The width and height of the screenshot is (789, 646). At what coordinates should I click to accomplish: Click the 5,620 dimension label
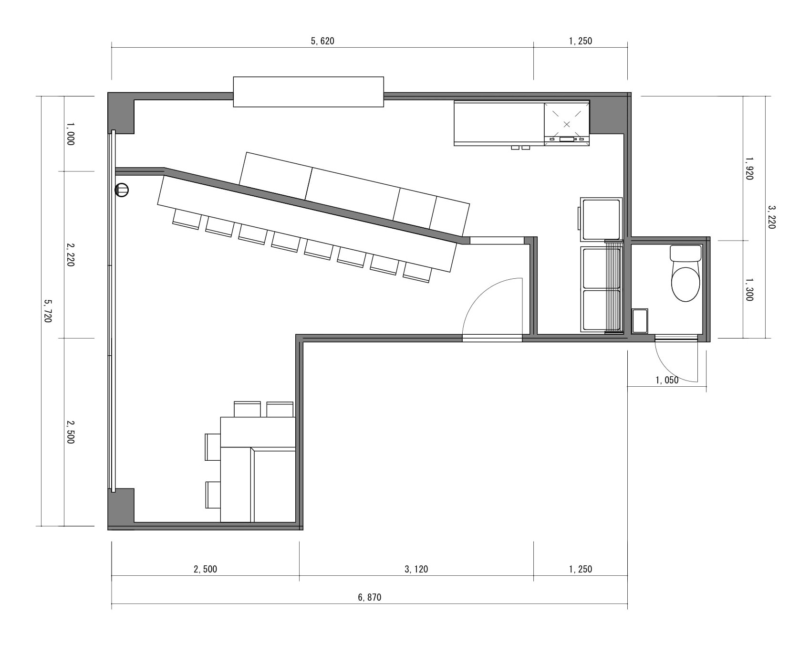322,41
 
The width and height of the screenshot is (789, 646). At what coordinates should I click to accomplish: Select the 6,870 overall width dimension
370,597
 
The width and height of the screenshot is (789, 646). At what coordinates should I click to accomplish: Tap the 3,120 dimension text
416,569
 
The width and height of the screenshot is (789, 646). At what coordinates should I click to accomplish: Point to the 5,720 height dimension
48,311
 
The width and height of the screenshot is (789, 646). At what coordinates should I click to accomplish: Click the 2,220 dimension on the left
71,254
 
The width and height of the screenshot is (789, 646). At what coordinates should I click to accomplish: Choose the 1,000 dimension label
71,134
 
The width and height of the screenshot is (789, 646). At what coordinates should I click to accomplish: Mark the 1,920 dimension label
749,168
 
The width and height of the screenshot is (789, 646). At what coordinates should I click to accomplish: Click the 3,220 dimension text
772,217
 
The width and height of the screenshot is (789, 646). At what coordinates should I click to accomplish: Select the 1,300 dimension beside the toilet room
749,289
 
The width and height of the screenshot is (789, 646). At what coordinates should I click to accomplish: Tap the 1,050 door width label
667,380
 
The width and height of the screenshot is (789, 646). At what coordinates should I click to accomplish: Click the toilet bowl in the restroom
685,284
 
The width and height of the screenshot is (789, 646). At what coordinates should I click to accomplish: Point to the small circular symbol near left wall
122,191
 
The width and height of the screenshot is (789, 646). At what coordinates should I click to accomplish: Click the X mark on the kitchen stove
567,124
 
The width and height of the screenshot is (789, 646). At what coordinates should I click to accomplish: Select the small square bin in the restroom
640,321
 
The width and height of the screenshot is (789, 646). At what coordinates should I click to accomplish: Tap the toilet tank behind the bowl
685,253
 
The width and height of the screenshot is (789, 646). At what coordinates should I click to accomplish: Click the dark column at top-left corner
121,114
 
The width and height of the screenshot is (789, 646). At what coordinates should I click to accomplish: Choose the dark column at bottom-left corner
121,508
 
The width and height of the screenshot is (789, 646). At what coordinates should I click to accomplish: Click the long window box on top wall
308,92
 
